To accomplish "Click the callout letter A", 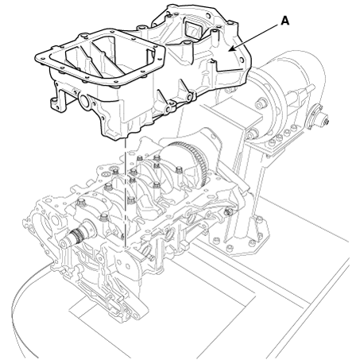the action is coord(285,21).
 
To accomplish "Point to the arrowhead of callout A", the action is coord(231,49).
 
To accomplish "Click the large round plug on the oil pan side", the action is coord(85,101).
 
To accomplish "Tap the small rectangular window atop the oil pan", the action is coord(193,29).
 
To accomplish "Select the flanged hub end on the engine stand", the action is coord(318,117).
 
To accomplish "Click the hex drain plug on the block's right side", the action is coord(229,211).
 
